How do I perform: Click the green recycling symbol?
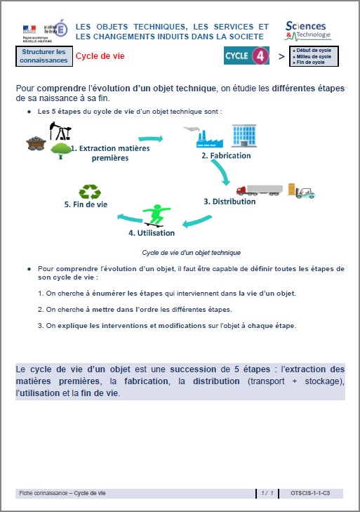tap(90, 192)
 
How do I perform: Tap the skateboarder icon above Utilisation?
tap(156, 215)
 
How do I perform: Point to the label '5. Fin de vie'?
tap(86, 204)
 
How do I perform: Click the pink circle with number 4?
tap(260, 56)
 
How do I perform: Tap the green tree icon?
tap(60, 150)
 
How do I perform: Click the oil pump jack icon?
tap(60, 131)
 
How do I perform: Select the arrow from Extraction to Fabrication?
tap(151, 139)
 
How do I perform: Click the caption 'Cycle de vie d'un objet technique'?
tap(191, 252)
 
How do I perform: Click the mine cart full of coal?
tap(36, 143)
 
